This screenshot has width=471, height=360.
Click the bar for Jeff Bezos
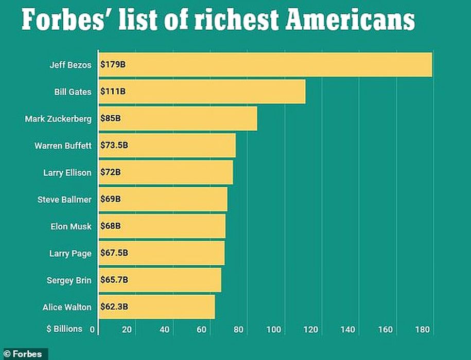265,65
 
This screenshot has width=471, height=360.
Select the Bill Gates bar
202,92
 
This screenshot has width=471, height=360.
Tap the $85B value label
111,119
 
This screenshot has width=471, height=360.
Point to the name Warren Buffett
63,146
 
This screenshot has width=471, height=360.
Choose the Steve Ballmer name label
64,200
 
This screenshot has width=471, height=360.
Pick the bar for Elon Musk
162,226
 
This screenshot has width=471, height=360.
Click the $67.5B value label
114,253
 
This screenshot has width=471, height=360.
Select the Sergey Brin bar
160,280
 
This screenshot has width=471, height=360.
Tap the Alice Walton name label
67,307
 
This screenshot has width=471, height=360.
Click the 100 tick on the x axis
274,330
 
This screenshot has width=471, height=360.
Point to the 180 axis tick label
423,330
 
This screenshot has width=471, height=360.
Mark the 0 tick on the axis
93,330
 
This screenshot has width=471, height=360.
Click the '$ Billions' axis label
64,329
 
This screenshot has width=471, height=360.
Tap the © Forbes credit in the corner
24,354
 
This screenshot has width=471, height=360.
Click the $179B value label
112,65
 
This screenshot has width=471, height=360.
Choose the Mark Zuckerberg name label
58,119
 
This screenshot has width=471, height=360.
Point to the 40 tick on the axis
164,330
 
